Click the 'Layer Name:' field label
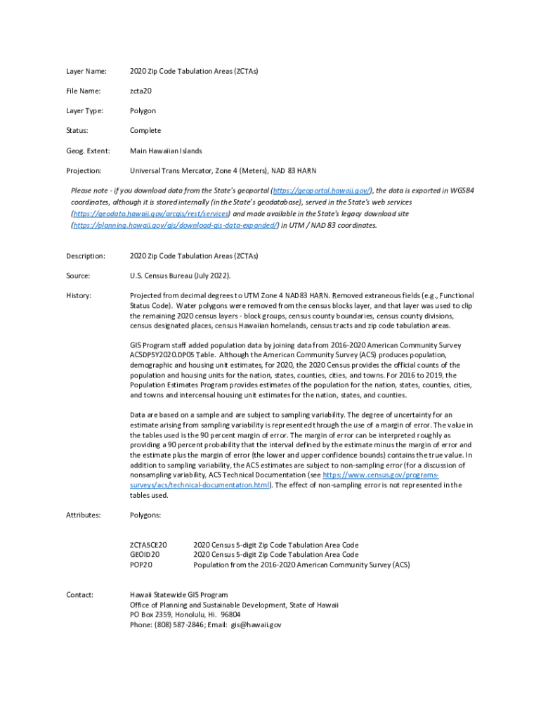[x=86, y=71]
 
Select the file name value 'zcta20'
[x=141, y=91]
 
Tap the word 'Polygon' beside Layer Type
[x=143, y=111]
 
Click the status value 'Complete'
[x=145, y=131]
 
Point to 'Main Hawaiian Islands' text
[x=166, y=150]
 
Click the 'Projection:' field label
[x=84, y=171]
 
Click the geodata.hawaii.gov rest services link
[x=150, y=213]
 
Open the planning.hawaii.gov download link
[x=175, y=225]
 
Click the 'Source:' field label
[x=79, y=276]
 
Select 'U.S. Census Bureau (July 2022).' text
[x=180, y=276]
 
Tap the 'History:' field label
[x=79, y=295]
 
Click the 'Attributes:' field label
[x=84, y=515]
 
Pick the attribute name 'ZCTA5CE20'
[x=148, y=545]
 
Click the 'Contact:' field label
[x=80, y=595]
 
